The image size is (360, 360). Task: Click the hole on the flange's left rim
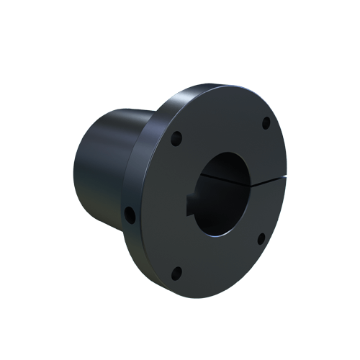pyautogui.click(x=130, y=214)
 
